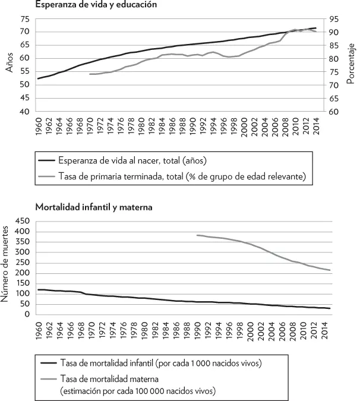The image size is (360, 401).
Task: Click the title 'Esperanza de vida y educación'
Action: (96, 4)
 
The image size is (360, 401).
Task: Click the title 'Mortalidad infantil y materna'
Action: (94, 207)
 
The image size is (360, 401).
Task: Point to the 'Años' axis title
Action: (9, 62)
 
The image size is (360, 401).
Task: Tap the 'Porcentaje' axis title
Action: (351, 64)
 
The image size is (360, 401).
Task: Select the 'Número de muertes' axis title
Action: (5, 264)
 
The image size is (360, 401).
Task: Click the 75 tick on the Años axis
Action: (25, 20)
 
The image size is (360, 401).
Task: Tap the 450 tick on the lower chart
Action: (23, 221)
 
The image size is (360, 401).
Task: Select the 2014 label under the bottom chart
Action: (325, 331)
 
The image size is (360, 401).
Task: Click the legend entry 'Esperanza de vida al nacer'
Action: (132, 160)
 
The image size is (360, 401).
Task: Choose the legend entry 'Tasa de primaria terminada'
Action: (182, 176)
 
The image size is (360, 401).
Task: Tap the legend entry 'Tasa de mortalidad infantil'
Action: (161, 363)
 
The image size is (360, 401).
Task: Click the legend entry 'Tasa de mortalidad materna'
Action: (138, 385)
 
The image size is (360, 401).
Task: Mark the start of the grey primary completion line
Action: (90, 74)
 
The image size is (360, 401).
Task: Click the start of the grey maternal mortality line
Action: (197, 235)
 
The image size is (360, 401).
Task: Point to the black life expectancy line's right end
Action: (316, 28)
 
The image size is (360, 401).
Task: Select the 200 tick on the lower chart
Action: (23, 273)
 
